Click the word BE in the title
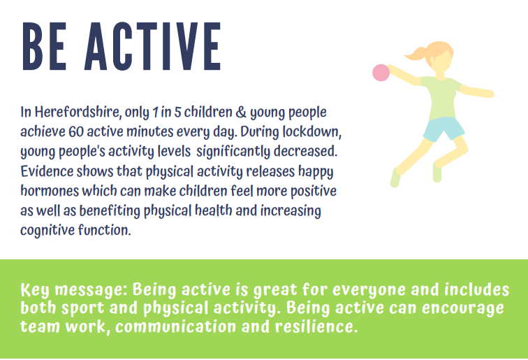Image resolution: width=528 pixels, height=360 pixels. point(44,47)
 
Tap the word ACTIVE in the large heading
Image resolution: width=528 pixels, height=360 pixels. point(153,47)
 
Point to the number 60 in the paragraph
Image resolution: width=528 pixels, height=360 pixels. point(76,131)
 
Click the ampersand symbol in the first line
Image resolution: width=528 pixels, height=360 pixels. point(241,113)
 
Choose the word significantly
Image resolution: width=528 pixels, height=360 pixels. point(233,152)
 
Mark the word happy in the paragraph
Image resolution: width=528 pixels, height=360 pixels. point(316,171)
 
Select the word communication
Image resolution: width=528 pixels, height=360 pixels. point(176,326)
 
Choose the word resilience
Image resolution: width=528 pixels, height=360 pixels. point(316,326)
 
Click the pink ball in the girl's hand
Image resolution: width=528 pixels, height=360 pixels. point(381,73)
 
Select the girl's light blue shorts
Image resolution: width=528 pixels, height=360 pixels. point(443,129)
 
